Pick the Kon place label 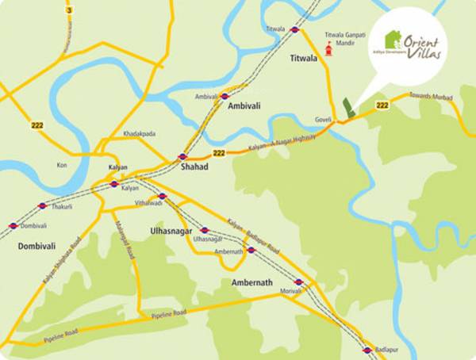click(62, 165)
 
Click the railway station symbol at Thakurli click(43, 205)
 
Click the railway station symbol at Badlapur click(367, 350)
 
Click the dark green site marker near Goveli click(347, 109)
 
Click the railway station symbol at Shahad click(182, 157)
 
